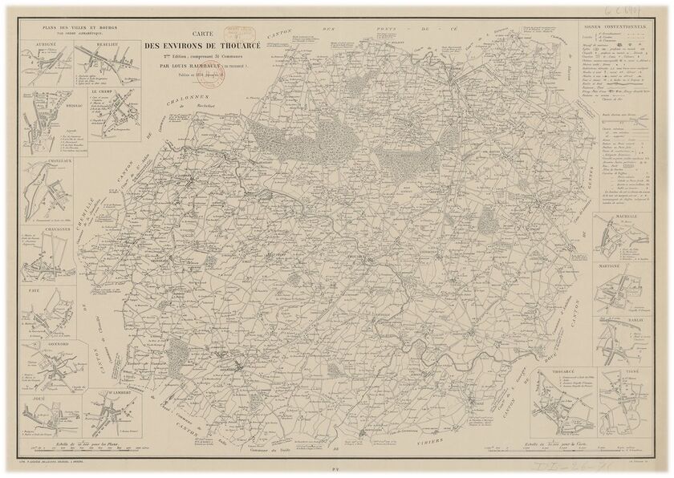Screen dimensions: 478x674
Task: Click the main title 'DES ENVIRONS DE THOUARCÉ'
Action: (202, 45)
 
